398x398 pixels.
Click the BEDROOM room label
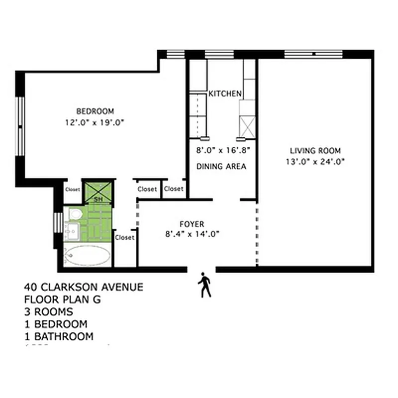[95, 111]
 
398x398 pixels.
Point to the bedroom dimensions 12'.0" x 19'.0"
[95, 121]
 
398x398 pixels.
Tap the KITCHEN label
[225, 94]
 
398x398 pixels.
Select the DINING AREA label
[221, 167]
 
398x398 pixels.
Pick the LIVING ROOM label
[315, 151]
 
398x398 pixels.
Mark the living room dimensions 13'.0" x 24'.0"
[315, 161]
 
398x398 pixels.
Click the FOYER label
[192, 224]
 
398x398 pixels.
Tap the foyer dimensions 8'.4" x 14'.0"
[192, 234]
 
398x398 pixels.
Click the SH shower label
[99, 200]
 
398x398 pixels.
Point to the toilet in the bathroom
[76, 214]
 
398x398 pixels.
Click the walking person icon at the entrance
[204, 285]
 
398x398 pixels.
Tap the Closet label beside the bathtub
[124, 238]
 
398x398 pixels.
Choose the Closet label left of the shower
[72, 190]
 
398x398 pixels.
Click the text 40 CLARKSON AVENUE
[84, 288]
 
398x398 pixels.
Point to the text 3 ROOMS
[48, 312]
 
